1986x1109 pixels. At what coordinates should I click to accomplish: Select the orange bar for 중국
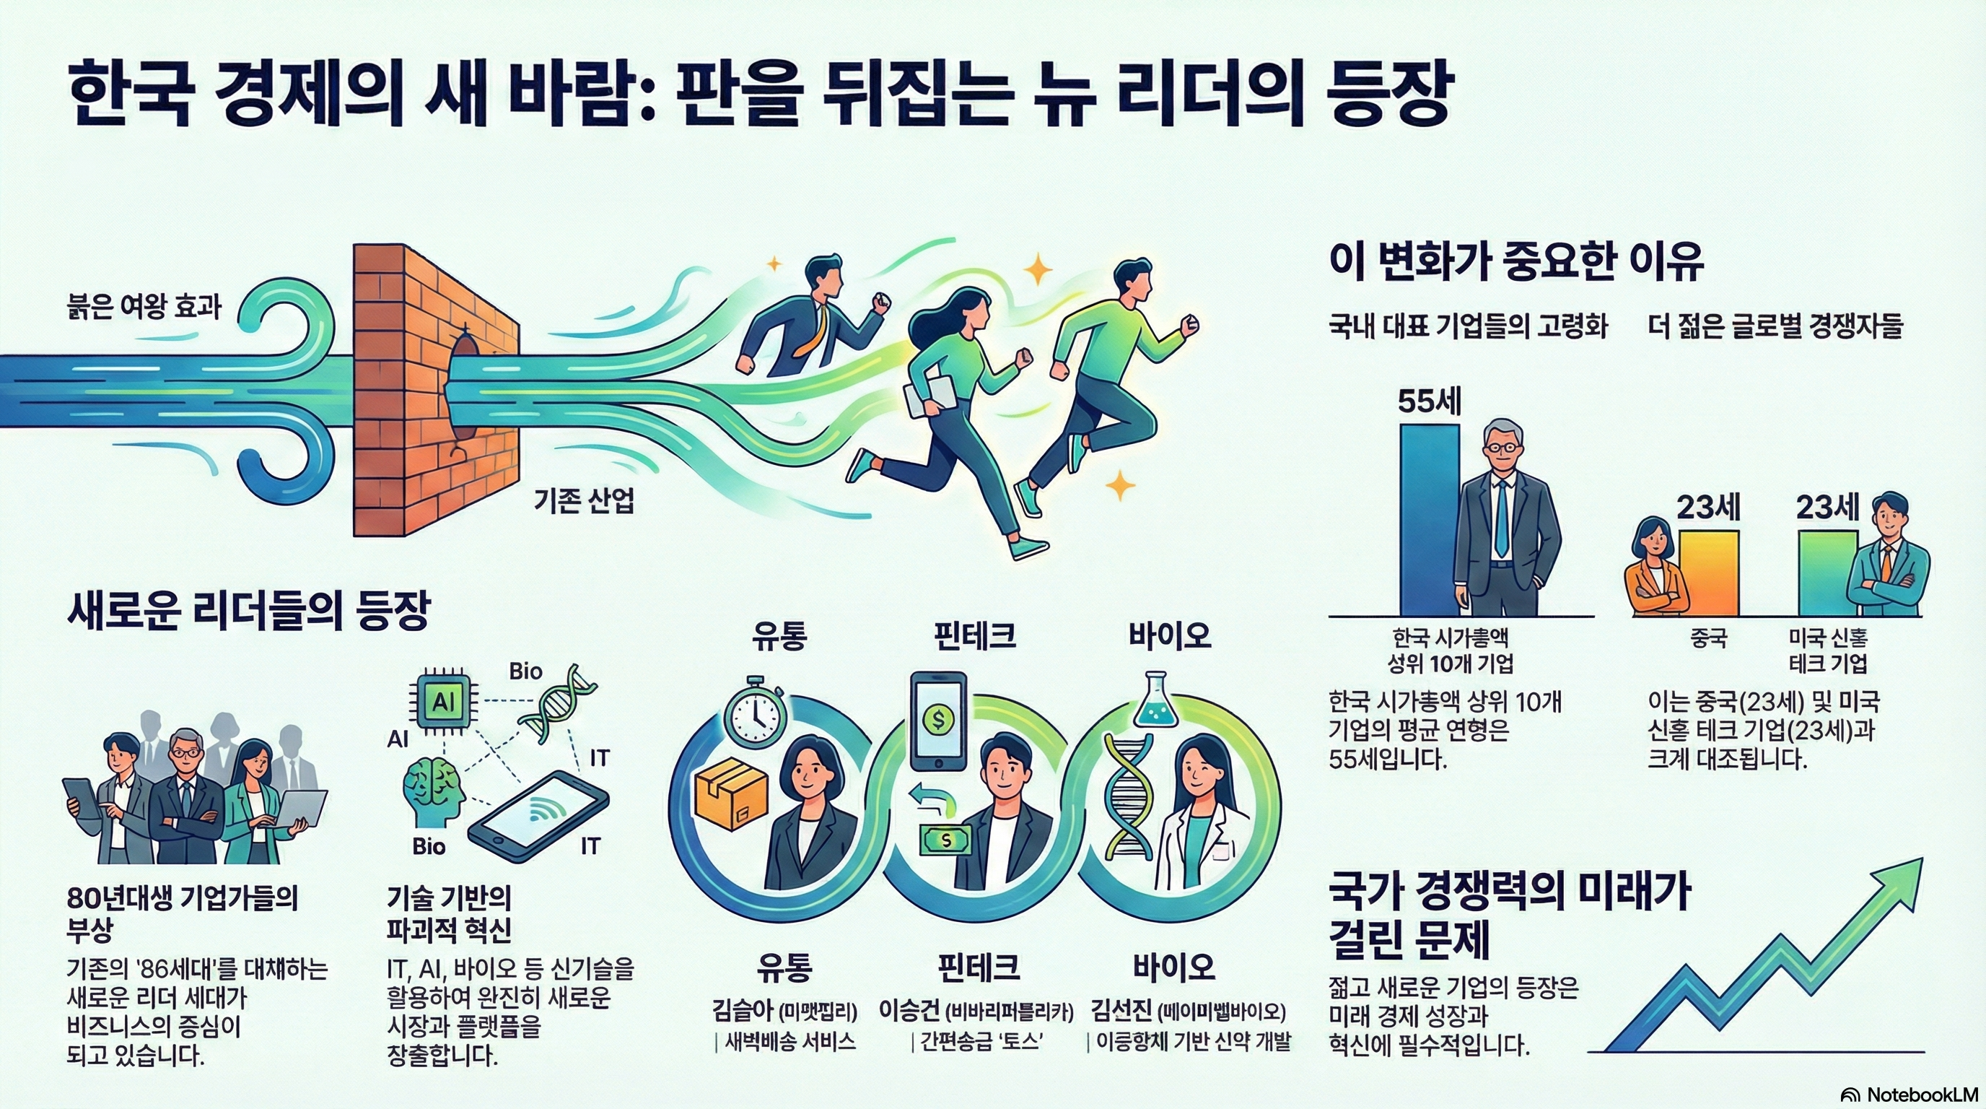pyautogui.click(x=1708, y=573)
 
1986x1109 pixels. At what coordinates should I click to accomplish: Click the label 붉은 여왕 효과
pyautogui.click(x=145, y=307)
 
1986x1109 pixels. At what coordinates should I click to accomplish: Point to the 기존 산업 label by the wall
pyautogui.click(x=584, y=502)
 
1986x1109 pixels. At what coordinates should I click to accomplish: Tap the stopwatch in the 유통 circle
pyautogui.click(x=756, y=713)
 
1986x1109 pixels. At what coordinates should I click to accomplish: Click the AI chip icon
pyautogui.click(x=443, y=702)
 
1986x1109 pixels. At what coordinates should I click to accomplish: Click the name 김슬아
pyautogui.click(x=742, y=1010)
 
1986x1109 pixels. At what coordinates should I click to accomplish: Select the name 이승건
pyautogui.click(x=910, y=1010)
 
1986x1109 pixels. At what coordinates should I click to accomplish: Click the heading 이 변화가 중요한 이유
pyautogui.click(x=1515, y=262)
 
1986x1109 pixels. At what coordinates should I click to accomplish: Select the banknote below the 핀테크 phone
pyautogui.click(x=946, y=839)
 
